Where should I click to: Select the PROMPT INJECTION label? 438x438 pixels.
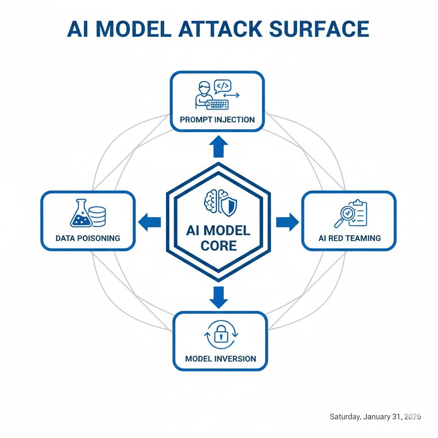click(x=217, y=119)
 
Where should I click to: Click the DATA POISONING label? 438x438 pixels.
click(x=88, y=237)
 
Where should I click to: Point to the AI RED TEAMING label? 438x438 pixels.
click(x=349, y=237)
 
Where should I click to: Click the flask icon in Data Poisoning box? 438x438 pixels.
click(x=81, y=214)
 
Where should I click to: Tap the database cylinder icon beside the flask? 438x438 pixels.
click(x=98, y=216)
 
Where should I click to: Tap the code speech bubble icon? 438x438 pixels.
click(x=222, y=87)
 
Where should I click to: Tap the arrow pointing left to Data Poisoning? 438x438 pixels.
click(x=150, y=222)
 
